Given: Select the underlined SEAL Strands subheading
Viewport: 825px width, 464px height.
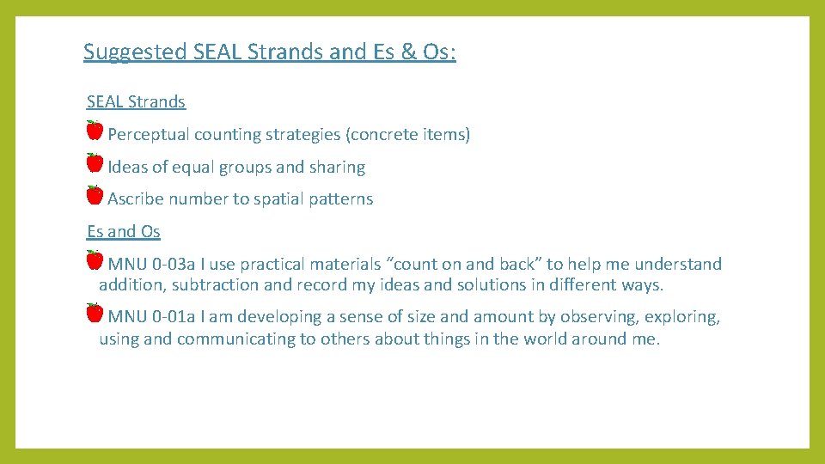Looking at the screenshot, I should [x=136, y=101].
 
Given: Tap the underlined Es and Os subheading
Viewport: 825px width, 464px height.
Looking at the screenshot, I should [x=123, y=231].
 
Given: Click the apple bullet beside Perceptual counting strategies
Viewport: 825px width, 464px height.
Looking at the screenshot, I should [x=95, y=131].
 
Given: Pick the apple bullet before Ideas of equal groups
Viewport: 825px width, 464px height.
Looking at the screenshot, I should [x=95, y=163].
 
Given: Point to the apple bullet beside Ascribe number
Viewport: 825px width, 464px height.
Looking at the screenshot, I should [x=95, y=196].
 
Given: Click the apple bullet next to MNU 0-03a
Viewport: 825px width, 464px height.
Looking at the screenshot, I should [x=95, y=260].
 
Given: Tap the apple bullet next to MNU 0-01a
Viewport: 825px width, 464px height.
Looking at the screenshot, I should [x=95, y=313].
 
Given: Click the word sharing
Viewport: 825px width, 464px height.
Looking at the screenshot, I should [x=337, y=168].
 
